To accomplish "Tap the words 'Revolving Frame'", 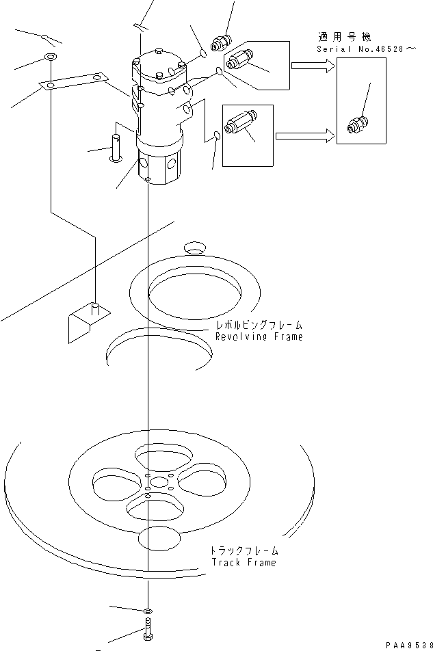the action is (259, 337).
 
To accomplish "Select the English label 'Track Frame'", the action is (244, 563).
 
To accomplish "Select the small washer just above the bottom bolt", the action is (148, 610).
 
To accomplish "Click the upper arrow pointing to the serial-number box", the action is (312, 66).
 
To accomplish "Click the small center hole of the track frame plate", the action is (159, 483).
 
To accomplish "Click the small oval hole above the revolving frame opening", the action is (194, 245).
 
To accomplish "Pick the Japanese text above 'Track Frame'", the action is (244, 550).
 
